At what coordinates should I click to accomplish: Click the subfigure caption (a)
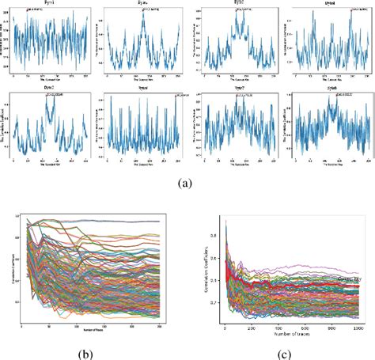point(185,183)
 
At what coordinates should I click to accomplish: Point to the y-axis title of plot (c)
point(204,265)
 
